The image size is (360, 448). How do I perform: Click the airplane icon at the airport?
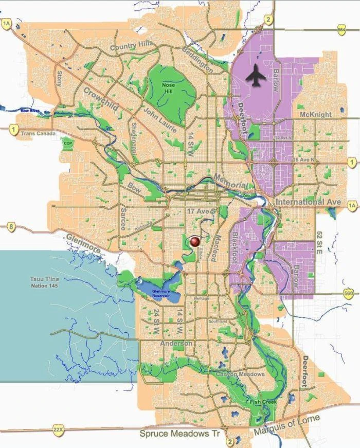(x=256, y=77)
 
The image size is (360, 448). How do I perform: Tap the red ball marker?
(x=194, y=241)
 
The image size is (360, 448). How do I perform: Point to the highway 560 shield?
(x=349, y=293)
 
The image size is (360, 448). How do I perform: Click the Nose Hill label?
(x=169, y=87)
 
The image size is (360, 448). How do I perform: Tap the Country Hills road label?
(x=132, y=46)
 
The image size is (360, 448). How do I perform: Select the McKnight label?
(x=315, y=114)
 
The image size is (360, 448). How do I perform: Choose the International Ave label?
(x=308, y=202)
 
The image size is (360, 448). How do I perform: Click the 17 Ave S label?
(x=201, y=211)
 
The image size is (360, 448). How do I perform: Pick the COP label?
(x=67, y=143)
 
